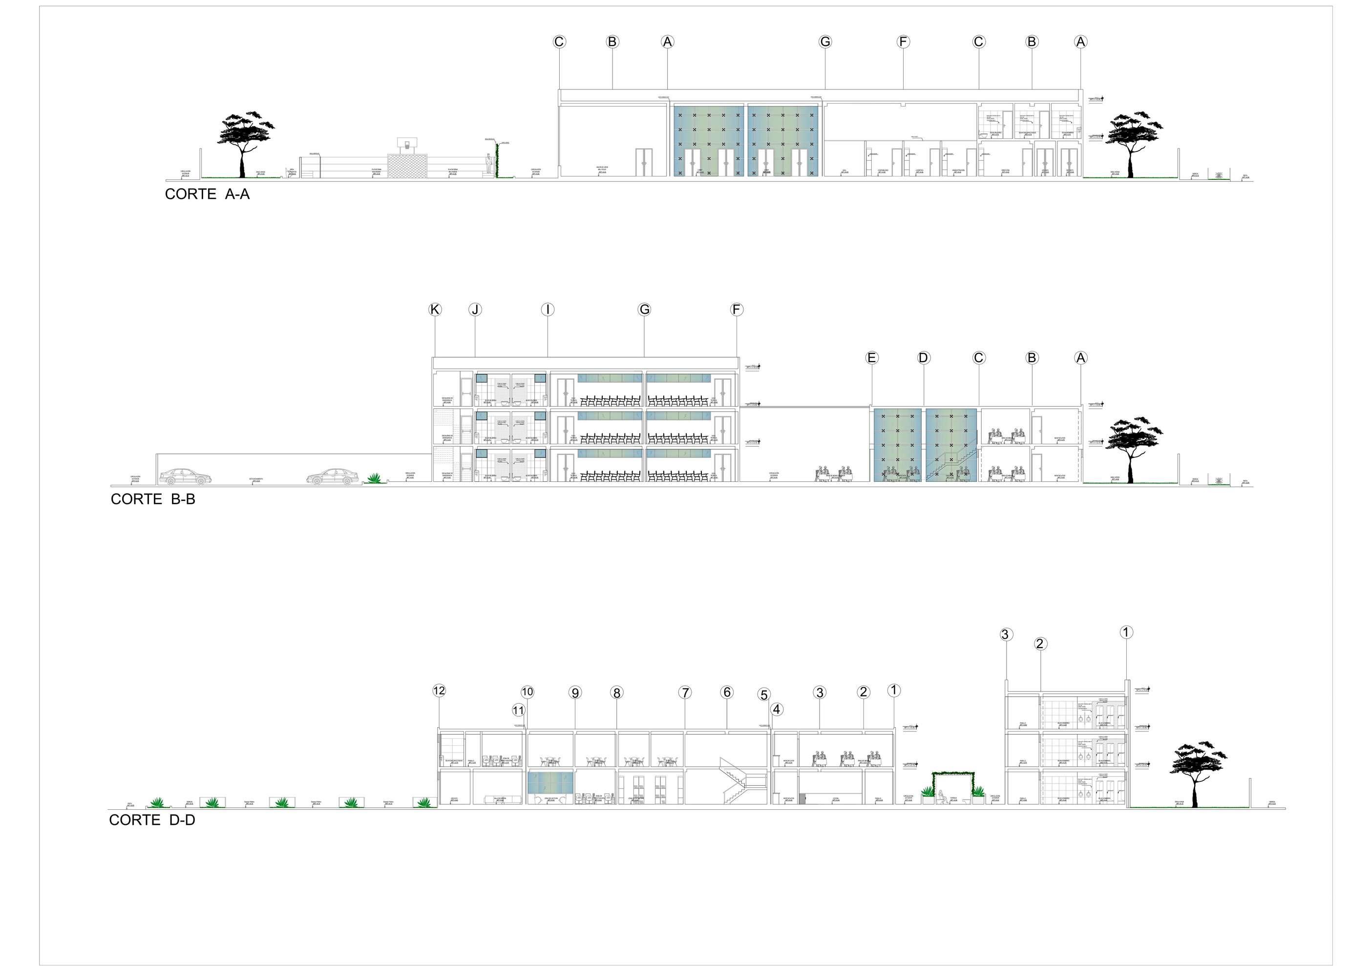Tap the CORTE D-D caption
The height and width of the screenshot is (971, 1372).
pyautogui.click(x=152, y=820)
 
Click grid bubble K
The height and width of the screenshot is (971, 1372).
pyautogui.click(x=435, y=309)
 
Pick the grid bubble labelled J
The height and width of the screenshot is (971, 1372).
pyautogui.click(x=475, y=309)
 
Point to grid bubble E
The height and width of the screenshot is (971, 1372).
pyautogui.click(x=871, y=358)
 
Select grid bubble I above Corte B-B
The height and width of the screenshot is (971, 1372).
pyautogui.click(x=548, y=309)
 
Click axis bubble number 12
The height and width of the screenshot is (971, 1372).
pyautogui.click(x=439, y=690)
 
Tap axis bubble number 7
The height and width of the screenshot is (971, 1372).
pyautogui.click(x=685, y=692)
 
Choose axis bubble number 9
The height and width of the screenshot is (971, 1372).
pyautogui.click(x=575, y=692)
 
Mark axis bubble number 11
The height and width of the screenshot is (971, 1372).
pyautogui.click(x=519, y=711)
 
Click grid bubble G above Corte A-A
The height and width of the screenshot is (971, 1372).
pyautogui.click(x=825, y=42)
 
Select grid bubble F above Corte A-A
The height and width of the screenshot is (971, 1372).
pyautogui.click(x=903, y=42)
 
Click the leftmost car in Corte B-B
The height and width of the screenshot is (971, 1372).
pyautogui.click(x=185, y=476)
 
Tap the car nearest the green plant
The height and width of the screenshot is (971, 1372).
pyautogui.click(x=332, y=476)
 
